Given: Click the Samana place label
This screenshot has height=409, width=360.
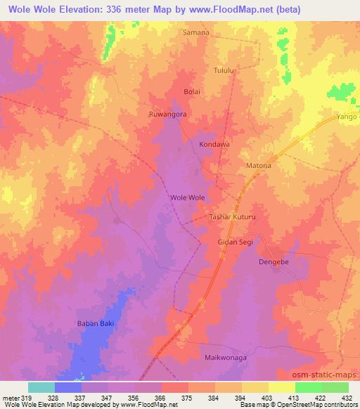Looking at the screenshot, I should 196,32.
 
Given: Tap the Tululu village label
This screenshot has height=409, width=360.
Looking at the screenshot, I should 224,70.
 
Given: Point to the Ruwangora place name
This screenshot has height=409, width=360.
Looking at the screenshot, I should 167,114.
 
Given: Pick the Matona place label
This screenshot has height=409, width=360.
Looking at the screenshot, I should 257,166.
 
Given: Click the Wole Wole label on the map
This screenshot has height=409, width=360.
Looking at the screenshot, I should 188,197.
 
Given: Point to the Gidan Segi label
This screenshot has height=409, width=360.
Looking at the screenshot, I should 234,242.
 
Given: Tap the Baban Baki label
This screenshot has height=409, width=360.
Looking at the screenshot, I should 95,323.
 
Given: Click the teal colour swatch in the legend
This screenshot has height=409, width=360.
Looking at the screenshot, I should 41,387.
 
